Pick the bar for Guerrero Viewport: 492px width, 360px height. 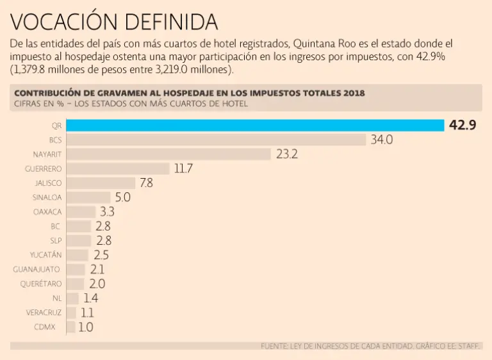coord(118,168)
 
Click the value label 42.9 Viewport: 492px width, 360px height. coord(463,126)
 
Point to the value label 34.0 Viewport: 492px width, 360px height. coord(382,140)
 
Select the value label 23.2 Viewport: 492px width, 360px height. coord(287,154)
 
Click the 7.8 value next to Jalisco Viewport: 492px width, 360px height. coord(146,183)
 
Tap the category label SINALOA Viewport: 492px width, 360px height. coord(47,197)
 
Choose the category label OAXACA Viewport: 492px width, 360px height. coord(48,211)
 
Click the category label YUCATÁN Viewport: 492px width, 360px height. coord(46,254)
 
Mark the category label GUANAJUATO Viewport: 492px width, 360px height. coord(37,269)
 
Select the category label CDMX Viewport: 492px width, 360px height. coord(52,327)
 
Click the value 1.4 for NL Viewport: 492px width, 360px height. coord(90,298)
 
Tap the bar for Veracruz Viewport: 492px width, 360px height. coord(71,312)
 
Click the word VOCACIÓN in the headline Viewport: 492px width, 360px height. coord(64,22)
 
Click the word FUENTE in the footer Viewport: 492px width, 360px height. coord(275,346)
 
